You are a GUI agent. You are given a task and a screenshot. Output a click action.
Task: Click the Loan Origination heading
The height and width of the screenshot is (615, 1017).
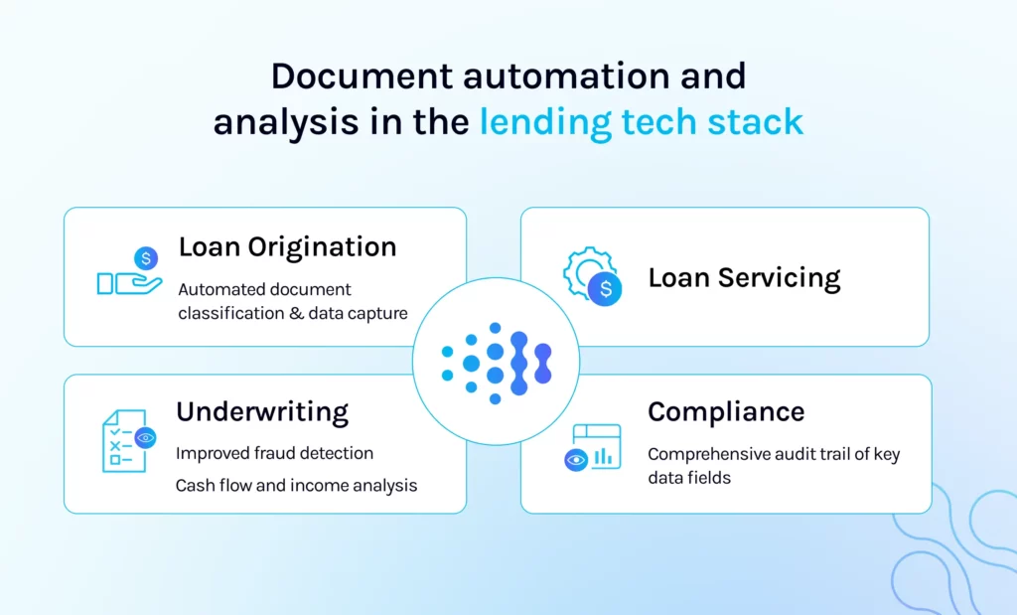pyautogui.click(x=287, y=247)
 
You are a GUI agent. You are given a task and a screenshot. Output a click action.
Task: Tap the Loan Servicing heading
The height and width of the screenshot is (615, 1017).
pyautogui.click(x=744, y=278)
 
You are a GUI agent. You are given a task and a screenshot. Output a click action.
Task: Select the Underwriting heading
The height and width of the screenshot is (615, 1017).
pyautogui.click(x=262, y=411)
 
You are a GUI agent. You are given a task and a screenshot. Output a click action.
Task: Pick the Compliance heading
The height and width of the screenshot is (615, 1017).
pyautogui.click(x=726, y=411)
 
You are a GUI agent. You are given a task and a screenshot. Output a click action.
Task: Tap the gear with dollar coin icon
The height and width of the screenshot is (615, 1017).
pyautogui.click(x=592, y=276)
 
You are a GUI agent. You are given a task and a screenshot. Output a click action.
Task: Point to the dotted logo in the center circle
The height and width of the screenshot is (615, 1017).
pyautogui.click(x=496, y=362)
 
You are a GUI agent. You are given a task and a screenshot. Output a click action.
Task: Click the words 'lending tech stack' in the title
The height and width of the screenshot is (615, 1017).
pyautogui.click(x=641, y=121)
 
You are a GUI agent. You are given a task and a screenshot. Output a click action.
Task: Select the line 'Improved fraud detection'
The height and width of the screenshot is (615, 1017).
pyautogui.click(x=275, y=453)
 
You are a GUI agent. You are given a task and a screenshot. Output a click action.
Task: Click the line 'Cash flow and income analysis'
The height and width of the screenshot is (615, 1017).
pyautogui.click(x=296, y=486)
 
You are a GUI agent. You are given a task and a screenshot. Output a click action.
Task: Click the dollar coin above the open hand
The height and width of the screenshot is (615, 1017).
pyautogui.click(x=146, y=259)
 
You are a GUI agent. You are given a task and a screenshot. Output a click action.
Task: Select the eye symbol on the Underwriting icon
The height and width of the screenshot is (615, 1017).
pyautogui.click(x=146, y=437)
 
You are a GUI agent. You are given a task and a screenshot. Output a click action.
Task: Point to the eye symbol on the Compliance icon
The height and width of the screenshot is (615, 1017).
pyautogui.click(x=575, y=460)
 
